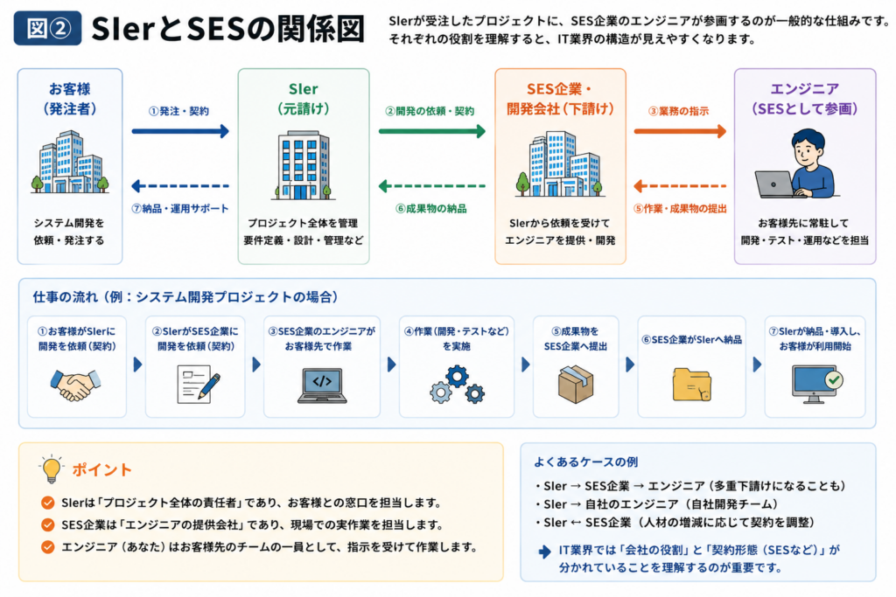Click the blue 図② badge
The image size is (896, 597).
point(47,27)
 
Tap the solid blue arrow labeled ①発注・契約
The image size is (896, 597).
point(180,131)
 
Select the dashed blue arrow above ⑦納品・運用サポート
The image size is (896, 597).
point(180,185)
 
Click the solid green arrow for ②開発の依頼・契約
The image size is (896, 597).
point(432,131)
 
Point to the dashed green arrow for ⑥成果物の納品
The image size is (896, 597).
point(432,185)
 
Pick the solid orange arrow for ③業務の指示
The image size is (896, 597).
point(680,131)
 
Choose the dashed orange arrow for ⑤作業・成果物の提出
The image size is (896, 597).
point(680,185)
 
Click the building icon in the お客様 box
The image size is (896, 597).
point(70,162)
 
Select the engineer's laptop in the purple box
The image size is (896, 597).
point(775,184)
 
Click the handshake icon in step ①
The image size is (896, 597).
point(75,385)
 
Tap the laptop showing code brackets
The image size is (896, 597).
point(322,385)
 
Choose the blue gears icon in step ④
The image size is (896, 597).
point(457,385)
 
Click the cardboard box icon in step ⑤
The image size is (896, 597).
point(576,384)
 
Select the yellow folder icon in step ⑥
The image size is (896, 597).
point(692,385)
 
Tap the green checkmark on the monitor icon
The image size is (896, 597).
point(834,379)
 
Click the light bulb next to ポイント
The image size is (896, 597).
point(52,469)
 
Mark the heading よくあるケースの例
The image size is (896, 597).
point(585,462)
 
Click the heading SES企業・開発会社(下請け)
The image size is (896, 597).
point(560,99)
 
